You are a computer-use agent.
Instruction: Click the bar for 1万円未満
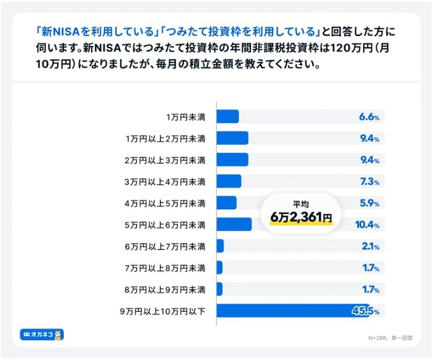228,117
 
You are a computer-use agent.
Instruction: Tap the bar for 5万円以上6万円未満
234,224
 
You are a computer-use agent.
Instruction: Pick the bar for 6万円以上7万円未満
220,247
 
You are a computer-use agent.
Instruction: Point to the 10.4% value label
367,225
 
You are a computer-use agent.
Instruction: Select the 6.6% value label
369,117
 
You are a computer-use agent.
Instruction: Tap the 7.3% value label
369,181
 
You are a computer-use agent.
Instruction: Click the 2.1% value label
370,247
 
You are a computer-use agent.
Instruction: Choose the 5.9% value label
369,204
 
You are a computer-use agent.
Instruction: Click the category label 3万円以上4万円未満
165,181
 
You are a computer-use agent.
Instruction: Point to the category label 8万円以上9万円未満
165,290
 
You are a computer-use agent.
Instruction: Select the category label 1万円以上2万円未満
165,138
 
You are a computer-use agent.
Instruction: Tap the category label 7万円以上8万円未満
165,268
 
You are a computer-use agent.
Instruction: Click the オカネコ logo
42,335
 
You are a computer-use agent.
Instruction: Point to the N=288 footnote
389,337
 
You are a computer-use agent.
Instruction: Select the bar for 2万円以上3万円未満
232,160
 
